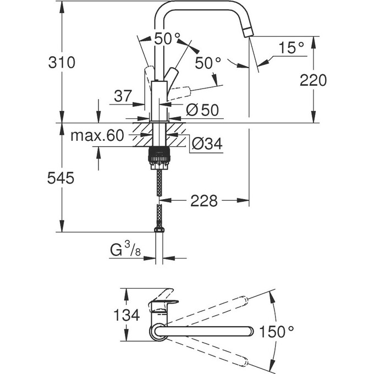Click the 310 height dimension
pos(61,62)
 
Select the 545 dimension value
pos(61,178)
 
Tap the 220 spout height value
pos(313,80)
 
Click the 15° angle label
pos(290,48)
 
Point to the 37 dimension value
pos(123,96)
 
